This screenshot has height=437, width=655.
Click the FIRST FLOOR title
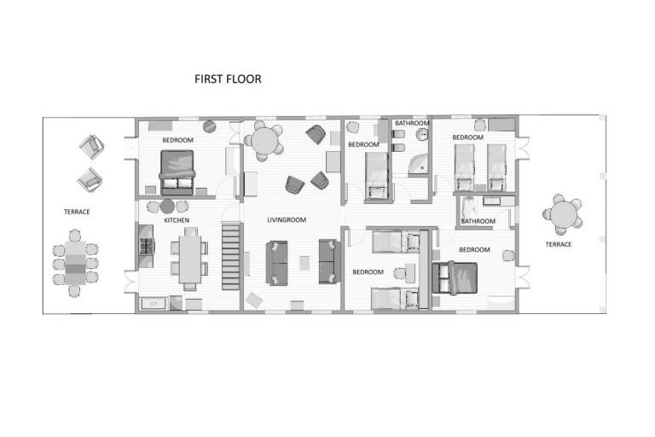pos(228,79)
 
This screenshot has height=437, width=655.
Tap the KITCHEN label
pos(177,220)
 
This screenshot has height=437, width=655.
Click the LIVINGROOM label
pos(287,220)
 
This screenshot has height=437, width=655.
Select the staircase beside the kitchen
pos(230,257)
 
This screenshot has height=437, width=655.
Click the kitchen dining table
pos(190,259)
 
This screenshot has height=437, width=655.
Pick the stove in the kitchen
pos(146,247)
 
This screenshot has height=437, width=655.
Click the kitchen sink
pos(154,304)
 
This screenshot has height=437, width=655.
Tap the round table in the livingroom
pos(265,142)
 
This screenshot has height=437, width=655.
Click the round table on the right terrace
pos(563,214)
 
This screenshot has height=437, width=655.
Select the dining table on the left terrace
pos(75,263)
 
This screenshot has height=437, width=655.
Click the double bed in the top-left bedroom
pos(177,172)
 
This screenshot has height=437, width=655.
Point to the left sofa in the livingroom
pos(276,263)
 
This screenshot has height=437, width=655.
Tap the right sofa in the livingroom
pos(329,261)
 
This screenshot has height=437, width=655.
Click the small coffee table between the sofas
pos(304,263)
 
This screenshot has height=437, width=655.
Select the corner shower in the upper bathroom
pos(419,164)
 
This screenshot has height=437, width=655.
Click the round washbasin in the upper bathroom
pos(423,135)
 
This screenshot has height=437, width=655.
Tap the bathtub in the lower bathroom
pos(469,212)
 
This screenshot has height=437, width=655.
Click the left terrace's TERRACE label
pos(77,212)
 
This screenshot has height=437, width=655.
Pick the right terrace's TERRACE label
pos(559,244)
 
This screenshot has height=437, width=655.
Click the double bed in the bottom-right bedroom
pos(455,278)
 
